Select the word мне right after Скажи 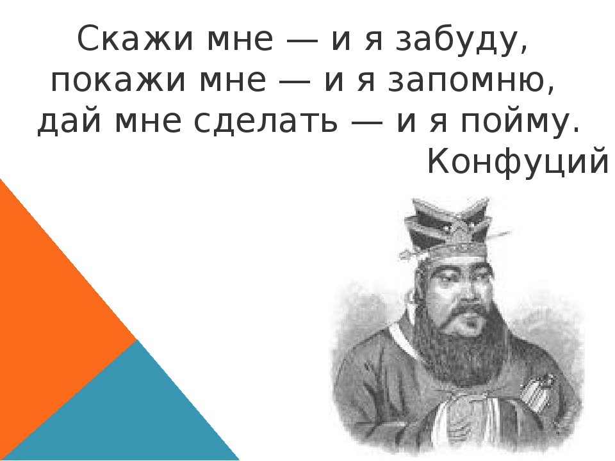point(240,40)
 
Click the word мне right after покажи point(232,81)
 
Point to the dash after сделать point(367,122)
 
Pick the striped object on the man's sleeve point(538,392)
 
